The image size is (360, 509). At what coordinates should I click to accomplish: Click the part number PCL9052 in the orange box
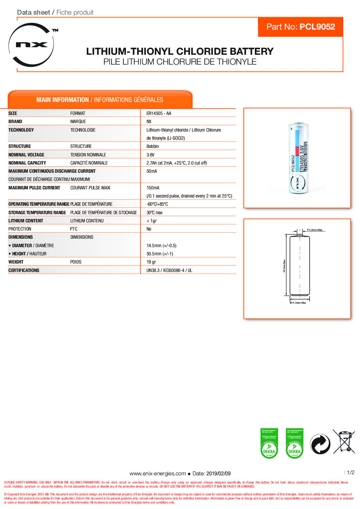[317, 27]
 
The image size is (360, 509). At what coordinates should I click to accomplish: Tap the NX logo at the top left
[32, 45]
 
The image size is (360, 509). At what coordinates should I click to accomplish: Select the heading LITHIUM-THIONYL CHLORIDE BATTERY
[180, 51]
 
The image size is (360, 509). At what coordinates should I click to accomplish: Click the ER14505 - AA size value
[159, 113]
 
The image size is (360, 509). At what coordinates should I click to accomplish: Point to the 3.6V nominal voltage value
[150, 155]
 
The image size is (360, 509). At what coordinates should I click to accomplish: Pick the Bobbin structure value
[152, 146]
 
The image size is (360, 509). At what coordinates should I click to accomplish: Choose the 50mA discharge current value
[151, 171]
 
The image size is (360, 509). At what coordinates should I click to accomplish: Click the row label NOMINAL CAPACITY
[27, 163]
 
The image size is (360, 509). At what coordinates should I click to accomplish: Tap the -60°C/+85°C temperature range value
[157, 204]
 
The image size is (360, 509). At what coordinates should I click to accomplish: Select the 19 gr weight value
[151, 262]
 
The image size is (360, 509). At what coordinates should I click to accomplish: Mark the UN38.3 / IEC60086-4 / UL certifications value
[169, 270]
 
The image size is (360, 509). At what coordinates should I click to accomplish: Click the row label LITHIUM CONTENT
[26, 221]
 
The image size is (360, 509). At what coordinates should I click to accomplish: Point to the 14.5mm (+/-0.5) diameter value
[161, 245]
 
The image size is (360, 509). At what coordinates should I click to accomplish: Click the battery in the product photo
[298, 158]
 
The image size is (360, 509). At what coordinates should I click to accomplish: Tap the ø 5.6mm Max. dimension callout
[315, 230]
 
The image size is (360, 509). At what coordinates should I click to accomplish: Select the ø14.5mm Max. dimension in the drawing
[298, 303]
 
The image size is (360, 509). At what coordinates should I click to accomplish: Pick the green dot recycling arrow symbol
[320, 444]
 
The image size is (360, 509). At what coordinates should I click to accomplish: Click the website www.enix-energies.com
[158, 473]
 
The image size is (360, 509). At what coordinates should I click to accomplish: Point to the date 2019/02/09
[218, 473]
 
